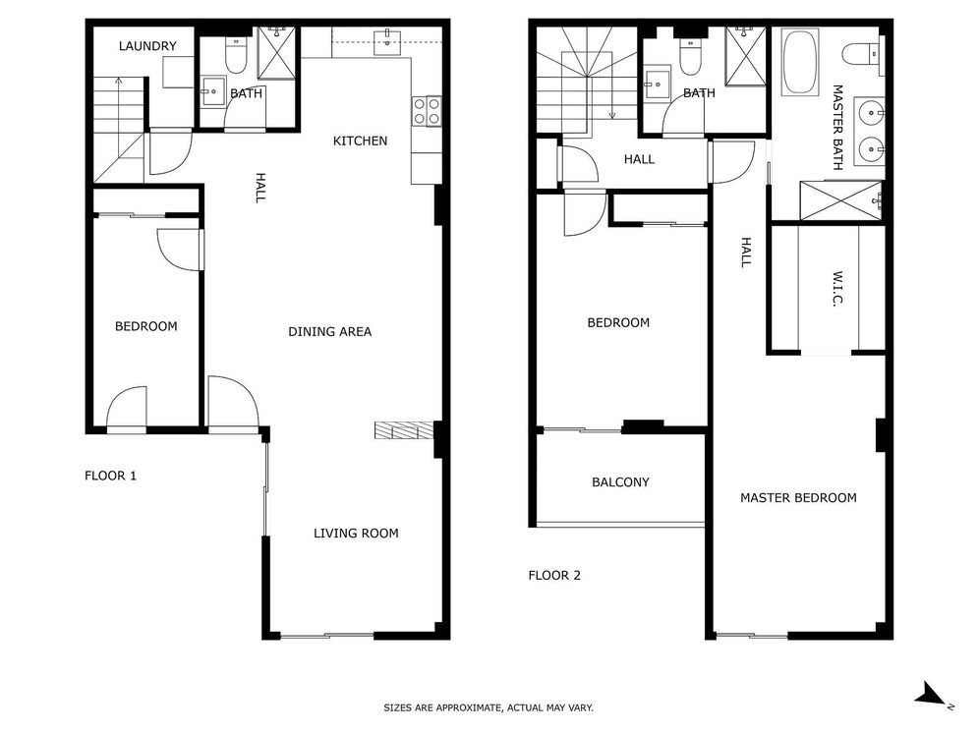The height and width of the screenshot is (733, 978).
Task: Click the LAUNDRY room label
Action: [x=147, y=46]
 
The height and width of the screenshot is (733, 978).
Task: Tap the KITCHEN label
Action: [x=360, y=141]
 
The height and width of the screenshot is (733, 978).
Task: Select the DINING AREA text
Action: [x=330, y=331]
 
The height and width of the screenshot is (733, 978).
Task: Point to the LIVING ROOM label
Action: [x=356, y=533]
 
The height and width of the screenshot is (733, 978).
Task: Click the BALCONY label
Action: [x=620, y=481]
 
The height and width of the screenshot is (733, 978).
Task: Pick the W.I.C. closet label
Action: [x=837, y=289]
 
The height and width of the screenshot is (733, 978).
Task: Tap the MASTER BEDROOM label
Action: [x=798, y=497]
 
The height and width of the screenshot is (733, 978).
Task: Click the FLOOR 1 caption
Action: [x=110, y=476]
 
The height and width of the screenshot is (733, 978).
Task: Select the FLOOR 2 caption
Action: [x=554, y=576]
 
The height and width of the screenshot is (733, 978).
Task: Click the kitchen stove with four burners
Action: [x=427, y=112]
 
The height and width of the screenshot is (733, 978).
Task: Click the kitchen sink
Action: [x=388, y=42]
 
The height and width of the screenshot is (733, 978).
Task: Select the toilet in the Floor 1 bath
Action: [x=235, y=55]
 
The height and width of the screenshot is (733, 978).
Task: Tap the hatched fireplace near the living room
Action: [x=404, y=430]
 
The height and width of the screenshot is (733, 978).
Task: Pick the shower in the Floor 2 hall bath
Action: [x=745, y=57]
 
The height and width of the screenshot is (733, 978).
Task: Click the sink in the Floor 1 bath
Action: [x=213, y=91]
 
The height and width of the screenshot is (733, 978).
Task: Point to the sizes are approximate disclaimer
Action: [x=489, y=707]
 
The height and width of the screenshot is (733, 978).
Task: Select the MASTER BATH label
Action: [x=837, y=127]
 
